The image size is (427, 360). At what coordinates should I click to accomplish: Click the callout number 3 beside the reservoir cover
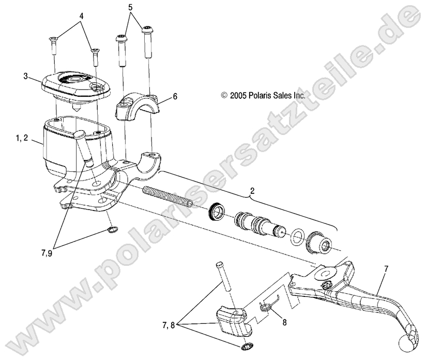click(26, 77)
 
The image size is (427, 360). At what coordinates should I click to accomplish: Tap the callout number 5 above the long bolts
click(130, 7)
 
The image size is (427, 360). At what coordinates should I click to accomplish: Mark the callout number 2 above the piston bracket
click(252, 191)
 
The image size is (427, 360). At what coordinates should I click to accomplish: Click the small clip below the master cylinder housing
click(113, 229)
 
